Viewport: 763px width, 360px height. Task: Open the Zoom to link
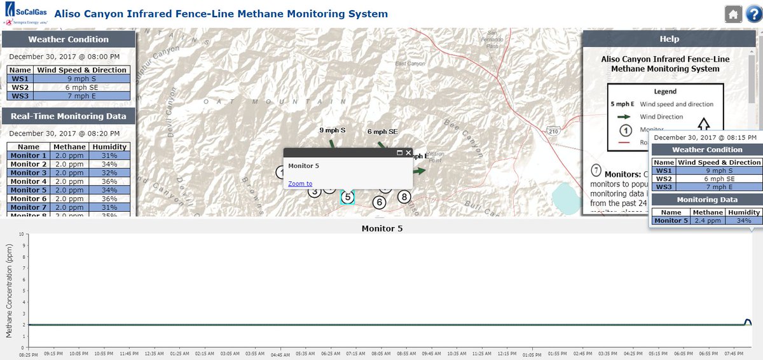coord(300,183)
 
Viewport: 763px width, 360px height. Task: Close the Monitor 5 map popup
coord(409,153)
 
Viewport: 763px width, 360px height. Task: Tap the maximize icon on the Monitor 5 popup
coord(400,153)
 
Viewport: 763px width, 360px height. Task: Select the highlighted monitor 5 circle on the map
coord(347,197)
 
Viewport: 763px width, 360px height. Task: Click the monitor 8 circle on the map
coord(404,197)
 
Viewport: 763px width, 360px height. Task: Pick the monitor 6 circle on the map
coord(380,203)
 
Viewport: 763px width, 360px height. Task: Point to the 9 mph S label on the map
coord(332,130)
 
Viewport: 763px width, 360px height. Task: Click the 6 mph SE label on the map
coord(382,131)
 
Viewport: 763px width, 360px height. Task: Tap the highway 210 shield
coord(551,130)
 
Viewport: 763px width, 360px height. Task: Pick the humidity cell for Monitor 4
coord(109,181)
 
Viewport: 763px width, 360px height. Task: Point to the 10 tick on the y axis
coord(22,234)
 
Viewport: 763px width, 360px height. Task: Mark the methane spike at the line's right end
coord(748,321)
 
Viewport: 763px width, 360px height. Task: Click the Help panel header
coord(669,39)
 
